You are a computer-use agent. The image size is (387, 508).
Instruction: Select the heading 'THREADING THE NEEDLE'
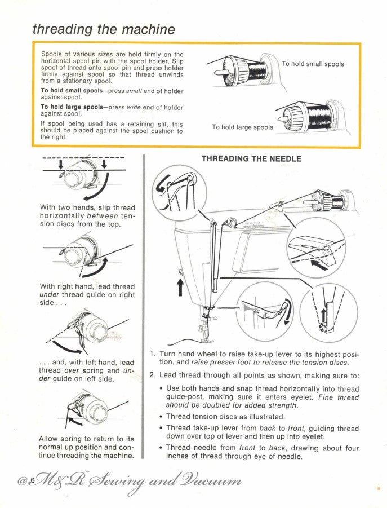coord(251,159)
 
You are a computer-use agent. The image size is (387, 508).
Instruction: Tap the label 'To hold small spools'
coord(313,64)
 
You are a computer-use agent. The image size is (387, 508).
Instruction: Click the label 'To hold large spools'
coord(242,127)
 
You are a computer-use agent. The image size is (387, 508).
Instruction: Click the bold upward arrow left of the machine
coord(180,285)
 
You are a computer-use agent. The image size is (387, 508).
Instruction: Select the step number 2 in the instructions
coord(152,375)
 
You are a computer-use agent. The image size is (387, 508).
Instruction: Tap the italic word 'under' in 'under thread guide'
coord(50,295)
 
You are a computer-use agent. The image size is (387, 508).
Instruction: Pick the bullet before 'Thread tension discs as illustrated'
coord(162,417)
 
